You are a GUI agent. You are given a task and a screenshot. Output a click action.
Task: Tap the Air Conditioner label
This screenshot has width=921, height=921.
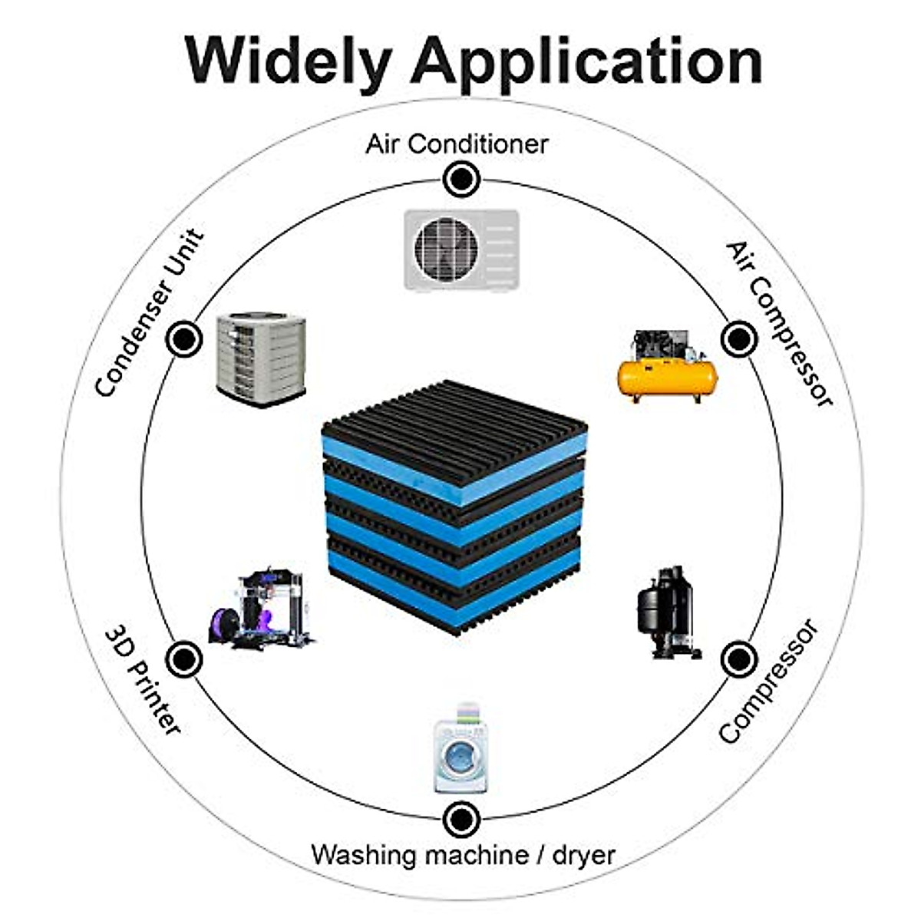click(x=457, y=144)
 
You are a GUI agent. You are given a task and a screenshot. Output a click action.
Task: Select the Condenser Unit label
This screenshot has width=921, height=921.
click(x=150, y=314)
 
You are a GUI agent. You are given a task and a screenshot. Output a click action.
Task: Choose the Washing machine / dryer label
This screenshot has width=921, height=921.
click(x=463, y=854)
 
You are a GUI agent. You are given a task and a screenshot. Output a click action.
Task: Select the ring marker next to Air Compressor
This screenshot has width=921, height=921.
click(x=738, y=338)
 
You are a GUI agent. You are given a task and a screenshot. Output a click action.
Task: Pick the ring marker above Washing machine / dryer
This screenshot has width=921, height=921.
click(x=461, y=819)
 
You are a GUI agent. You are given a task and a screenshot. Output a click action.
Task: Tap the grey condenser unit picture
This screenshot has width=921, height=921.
click(x=261, y=358)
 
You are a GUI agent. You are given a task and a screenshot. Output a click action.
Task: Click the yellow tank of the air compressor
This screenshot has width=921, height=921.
click(x=667, y=378)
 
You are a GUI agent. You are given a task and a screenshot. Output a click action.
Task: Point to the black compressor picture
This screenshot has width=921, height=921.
click(x=666, y=612)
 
